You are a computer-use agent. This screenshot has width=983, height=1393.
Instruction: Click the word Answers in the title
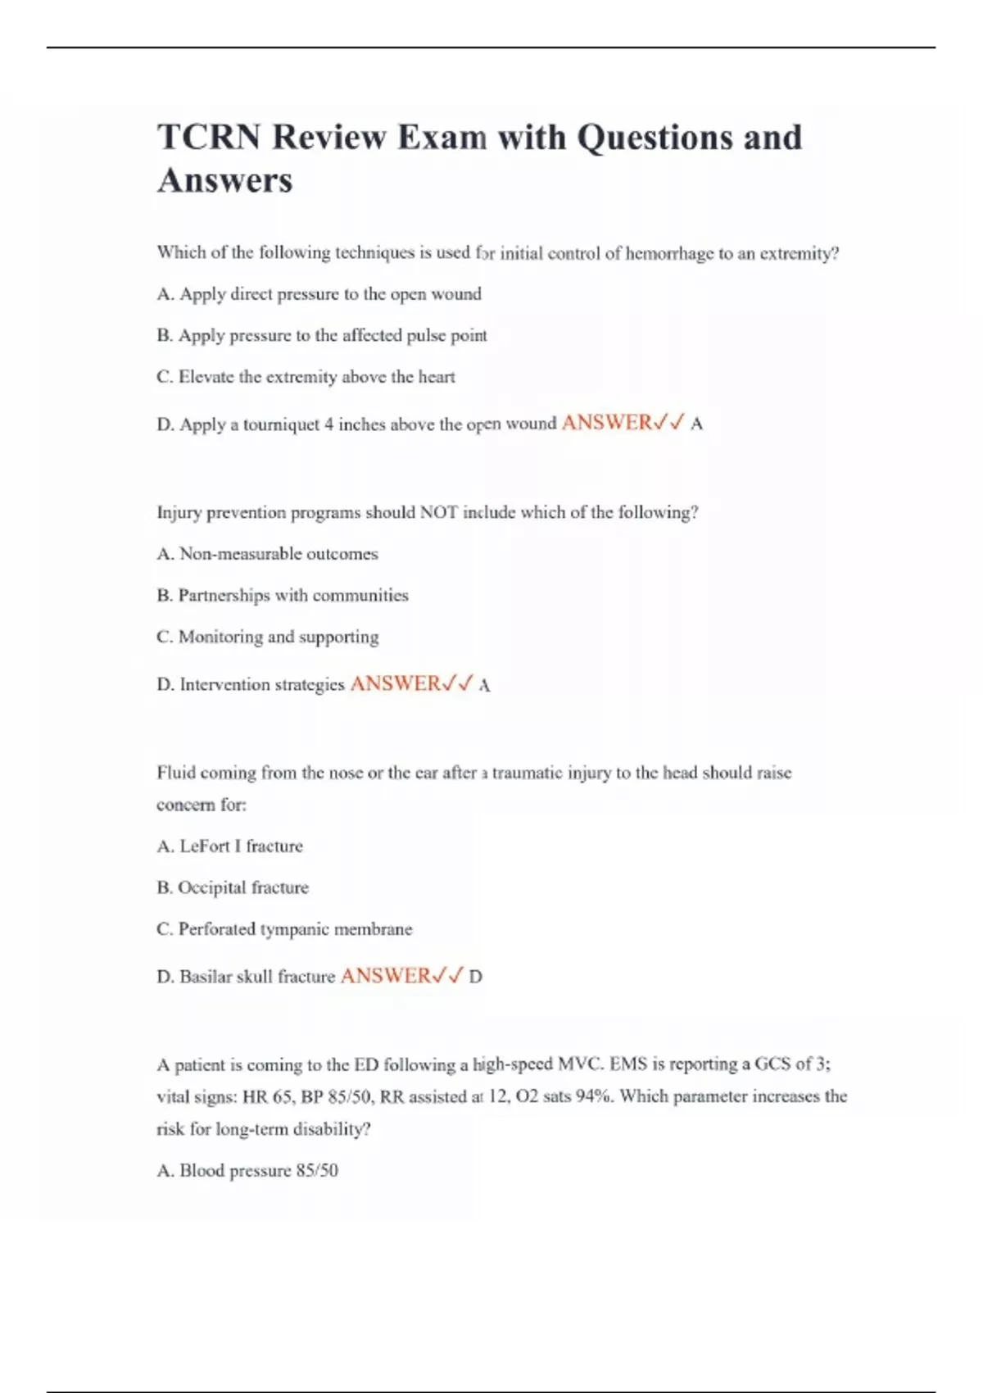(224, 180)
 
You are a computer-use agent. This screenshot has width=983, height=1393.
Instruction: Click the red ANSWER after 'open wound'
(607, 423)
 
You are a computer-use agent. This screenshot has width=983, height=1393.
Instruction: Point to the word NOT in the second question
(438, 513)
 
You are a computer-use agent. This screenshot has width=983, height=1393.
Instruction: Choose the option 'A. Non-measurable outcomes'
(267, 554)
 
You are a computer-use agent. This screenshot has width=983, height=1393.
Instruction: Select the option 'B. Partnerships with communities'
(282, 596)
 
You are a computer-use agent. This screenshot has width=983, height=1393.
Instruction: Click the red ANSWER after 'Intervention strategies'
(396, 683)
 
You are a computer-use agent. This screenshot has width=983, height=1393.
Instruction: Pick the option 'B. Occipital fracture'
(233, 887)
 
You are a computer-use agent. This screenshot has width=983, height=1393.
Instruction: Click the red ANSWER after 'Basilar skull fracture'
(386, 976)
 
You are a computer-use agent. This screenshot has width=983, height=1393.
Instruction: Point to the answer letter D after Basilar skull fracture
(475, 977)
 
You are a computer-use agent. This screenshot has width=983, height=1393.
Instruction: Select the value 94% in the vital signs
(593, 1096)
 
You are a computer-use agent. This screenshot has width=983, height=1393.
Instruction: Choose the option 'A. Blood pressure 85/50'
(247, 1171)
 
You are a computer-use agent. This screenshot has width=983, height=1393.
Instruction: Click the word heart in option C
(437, 377)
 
